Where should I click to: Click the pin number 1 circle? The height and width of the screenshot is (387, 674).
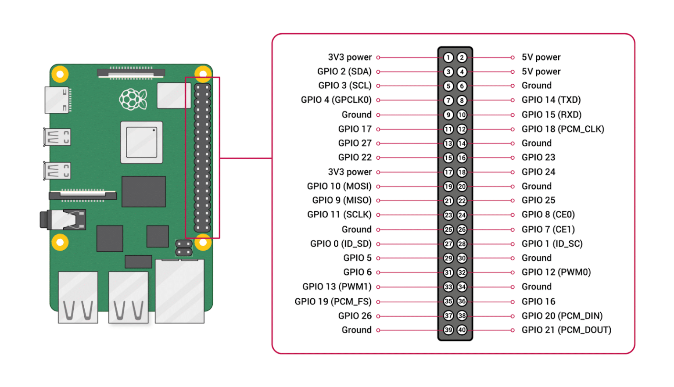coord(448,57)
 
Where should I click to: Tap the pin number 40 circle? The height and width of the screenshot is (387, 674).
coord(462,330)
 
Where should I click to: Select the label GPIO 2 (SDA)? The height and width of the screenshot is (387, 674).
coord(344,72)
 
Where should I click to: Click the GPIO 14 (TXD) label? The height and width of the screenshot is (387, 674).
coord(551,100)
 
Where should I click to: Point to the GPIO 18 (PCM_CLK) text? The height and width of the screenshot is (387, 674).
coord(563,129)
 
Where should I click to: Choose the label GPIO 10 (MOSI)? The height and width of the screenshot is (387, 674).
coord(339,186)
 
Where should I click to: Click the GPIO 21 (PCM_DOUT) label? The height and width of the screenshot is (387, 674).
coord(566,330)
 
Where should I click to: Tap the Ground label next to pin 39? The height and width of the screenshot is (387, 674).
coord(356,330)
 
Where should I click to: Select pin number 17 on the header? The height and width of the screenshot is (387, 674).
coord(448,172)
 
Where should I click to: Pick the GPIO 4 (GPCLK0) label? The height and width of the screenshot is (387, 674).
coord(336,100)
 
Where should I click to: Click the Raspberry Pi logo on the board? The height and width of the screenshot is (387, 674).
coord(133,100)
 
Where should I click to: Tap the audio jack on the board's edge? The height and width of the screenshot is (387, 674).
coord(64,219)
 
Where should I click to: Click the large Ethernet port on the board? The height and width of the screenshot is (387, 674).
coord(179,291)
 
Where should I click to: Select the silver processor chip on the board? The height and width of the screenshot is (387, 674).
coord(141,142)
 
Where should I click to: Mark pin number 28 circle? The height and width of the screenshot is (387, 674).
coord(462,244)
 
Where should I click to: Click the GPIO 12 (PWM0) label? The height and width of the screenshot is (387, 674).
coord(556,272)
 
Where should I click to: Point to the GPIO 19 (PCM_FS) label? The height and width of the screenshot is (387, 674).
coord(333,301)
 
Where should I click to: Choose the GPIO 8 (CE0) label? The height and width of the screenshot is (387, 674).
coord(548,215)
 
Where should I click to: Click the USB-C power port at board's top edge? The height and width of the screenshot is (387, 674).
coord(57,100)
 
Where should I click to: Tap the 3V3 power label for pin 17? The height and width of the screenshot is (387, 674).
coord(349,172)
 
